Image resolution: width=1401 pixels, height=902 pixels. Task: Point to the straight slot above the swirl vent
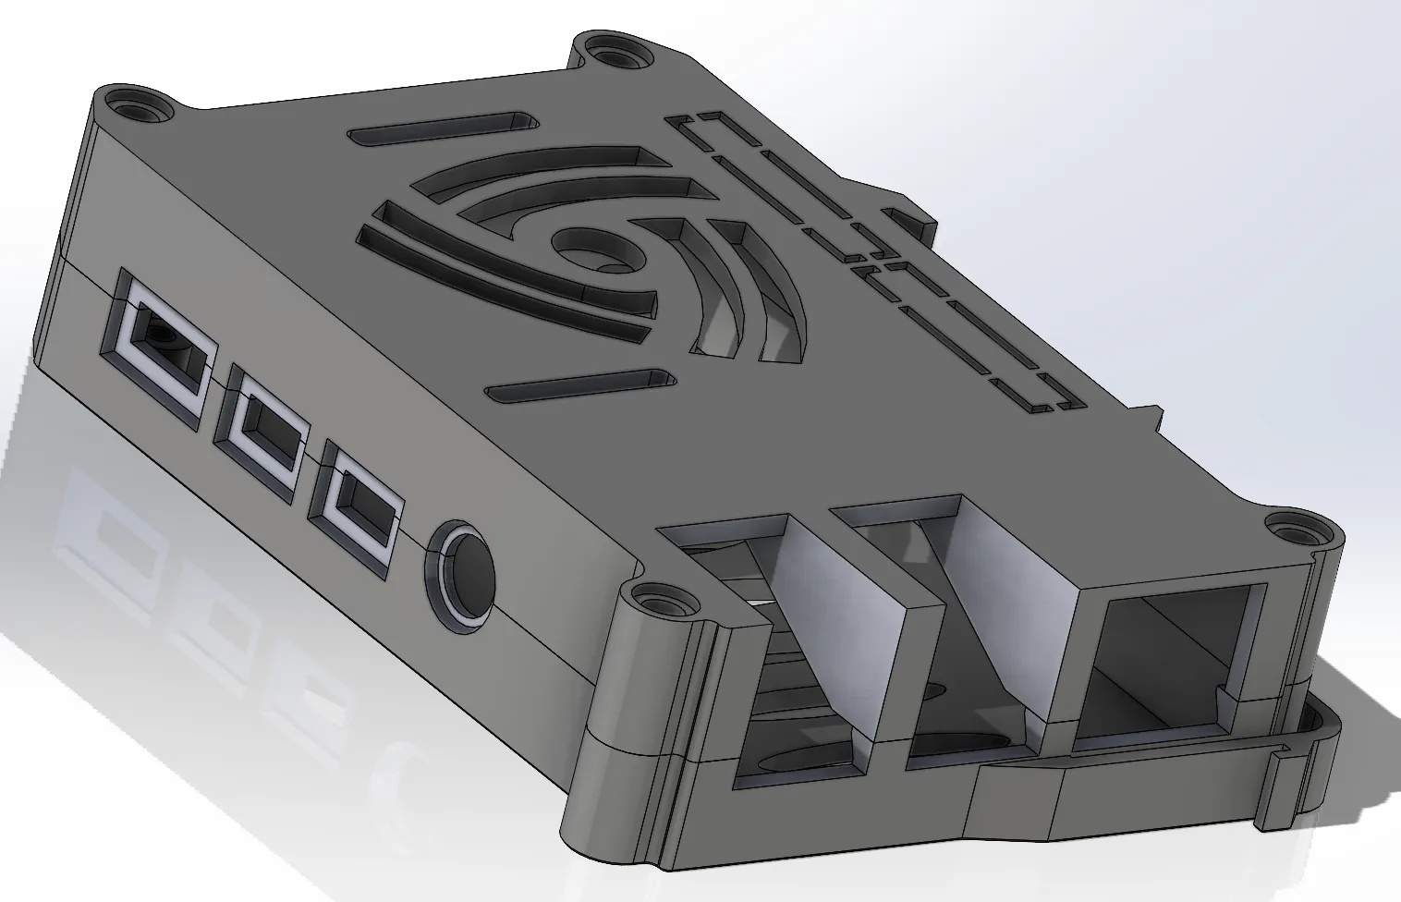pos(444,128)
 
